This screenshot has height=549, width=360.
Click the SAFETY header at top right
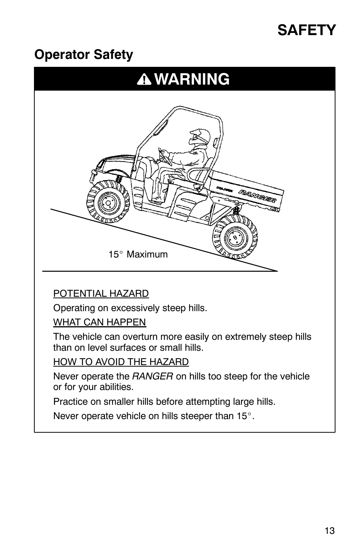tap(306, 30)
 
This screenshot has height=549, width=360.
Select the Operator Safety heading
tap(84, 55)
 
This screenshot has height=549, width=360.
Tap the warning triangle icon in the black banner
tap(145, 80)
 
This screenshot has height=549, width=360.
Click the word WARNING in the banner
tap(192, 79)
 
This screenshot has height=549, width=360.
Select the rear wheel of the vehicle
tap(235, 237)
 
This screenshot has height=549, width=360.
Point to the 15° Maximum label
tap(138, 254)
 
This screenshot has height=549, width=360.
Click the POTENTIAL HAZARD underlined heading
tap(101, 293)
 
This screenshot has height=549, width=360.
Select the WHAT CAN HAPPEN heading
tap(99, 322)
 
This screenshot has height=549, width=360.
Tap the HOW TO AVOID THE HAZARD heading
tap(121, 362)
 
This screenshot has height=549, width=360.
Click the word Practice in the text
tap(69, 401)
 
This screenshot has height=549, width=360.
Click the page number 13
tap(329, 531)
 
